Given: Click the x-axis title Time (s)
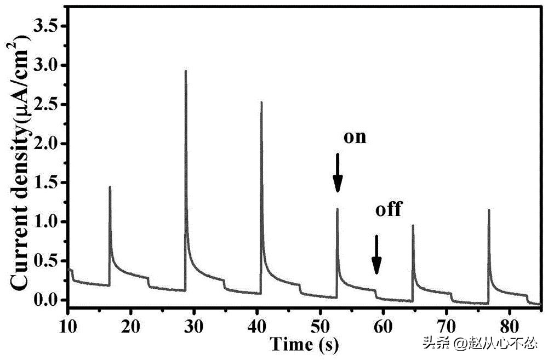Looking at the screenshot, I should pos(304,344).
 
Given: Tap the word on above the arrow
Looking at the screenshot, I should pos(354,137).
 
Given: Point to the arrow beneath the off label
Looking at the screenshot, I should pos(376,255).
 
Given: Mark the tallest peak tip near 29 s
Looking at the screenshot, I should pos(186,71).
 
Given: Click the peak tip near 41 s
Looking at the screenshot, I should pos(261,102).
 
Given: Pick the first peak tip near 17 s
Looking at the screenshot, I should pos(110,187).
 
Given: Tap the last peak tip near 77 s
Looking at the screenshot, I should pos(488,210).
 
